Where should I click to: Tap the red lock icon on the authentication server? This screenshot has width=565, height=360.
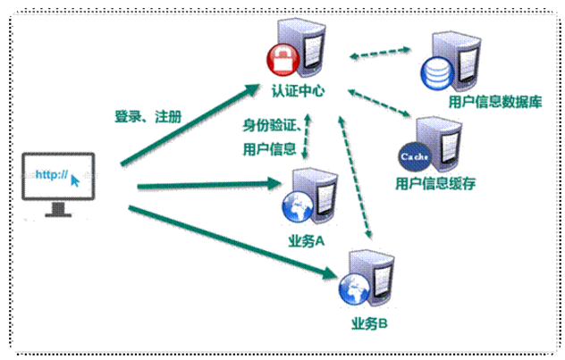(x=281, y=60)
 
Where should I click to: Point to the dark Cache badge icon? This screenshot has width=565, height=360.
(x=414, y=157)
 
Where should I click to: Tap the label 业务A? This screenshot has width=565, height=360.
(x=306, y=242)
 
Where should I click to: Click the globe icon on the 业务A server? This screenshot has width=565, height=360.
(x=295, y=207)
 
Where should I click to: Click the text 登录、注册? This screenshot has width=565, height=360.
(x=148, y=116)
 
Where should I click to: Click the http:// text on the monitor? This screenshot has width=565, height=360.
(x=51, y=175)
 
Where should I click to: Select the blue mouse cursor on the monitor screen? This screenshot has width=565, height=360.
(x=75, y=179)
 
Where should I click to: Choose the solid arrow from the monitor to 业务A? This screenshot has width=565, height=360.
(x=206, y=186)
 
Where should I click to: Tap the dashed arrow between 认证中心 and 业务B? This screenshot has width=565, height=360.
(x=356, y=179)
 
